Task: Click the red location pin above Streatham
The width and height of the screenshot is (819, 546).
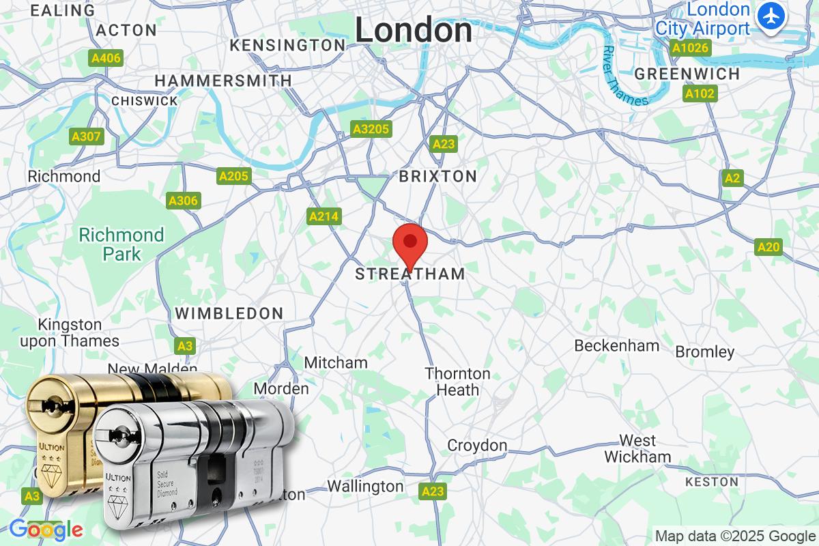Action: pyautogui.click(x=410, y=243)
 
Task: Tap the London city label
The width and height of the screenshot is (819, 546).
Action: pyautogui.click(x=414, y=30)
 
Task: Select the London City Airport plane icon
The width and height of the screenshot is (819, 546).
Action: pyautogui.click(x=772, y=15)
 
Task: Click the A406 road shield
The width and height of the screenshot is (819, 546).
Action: pyautogui.click(x=106, y=58)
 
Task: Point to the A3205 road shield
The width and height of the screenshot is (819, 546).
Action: pyautogui.click(x=371, y=129)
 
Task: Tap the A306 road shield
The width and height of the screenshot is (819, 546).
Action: pyautogui.click(x=184, y=201)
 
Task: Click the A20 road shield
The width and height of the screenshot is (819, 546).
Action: pyautogui.click(x=768, y=247)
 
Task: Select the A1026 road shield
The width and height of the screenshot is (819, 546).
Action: pyautogui.click(x=691, y=48)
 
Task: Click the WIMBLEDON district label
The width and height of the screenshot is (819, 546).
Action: pyautogui.click(x=229, y=313)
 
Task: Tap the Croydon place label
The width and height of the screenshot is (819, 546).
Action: pyautogui.click(x=477, y=446)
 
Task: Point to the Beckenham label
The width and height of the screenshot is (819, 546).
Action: pyautogui.click(x=616, y=345)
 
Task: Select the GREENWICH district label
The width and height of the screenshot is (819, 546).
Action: pyautogui.click(x=687, y=74)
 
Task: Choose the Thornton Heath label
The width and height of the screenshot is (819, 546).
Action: pyautogui.click(x=457, y=382)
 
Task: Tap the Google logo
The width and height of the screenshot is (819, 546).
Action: pyautogui.click(x=45, y=529)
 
